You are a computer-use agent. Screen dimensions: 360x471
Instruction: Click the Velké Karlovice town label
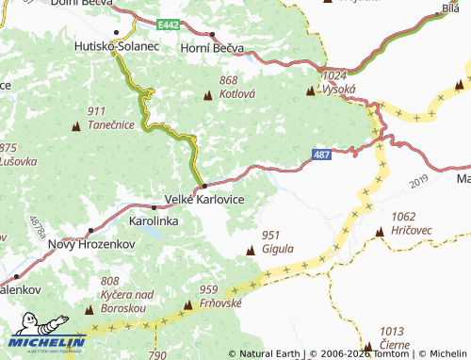(x=204, y=201)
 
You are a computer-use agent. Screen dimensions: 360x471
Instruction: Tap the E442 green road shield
(x=169, y=23)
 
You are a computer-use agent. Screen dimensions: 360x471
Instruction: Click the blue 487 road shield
(x=322, y=154)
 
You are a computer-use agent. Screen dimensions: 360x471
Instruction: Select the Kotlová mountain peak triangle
(x=208, y=95)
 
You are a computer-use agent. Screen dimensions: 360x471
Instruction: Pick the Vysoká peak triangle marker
(x=311, y=91)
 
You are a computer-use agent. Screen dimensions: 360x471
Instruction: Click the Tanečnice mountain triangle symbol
(x=76, y=125)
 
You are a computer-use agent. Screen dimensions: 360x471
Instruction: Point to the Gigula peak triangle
(x=251, y=250)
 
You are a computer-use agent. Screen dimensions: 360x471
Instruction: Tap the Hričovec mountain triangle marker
(x=379, y=230)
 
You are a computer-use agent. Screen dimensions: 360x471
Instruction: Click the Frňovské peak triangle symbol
(x=188, y=303)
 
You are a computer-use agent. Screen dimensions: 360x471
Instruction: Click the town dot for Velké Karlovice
(x=204, y=186)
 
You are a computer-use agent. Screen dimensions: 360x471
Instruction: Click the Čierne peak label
(x=394, y=345)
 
